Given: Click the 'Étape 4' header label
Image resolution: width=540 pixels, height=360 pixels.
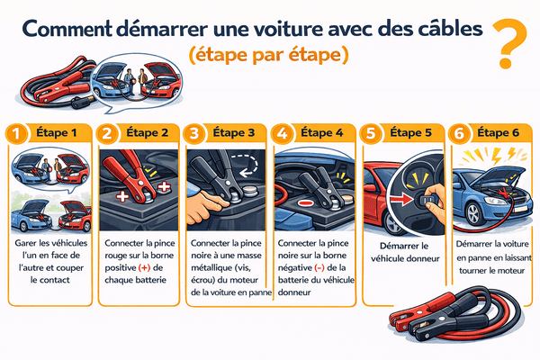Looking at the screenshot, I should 322,133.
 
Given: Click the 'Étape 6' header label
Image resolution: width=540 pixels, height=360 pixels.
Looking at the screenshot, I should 497,133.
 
